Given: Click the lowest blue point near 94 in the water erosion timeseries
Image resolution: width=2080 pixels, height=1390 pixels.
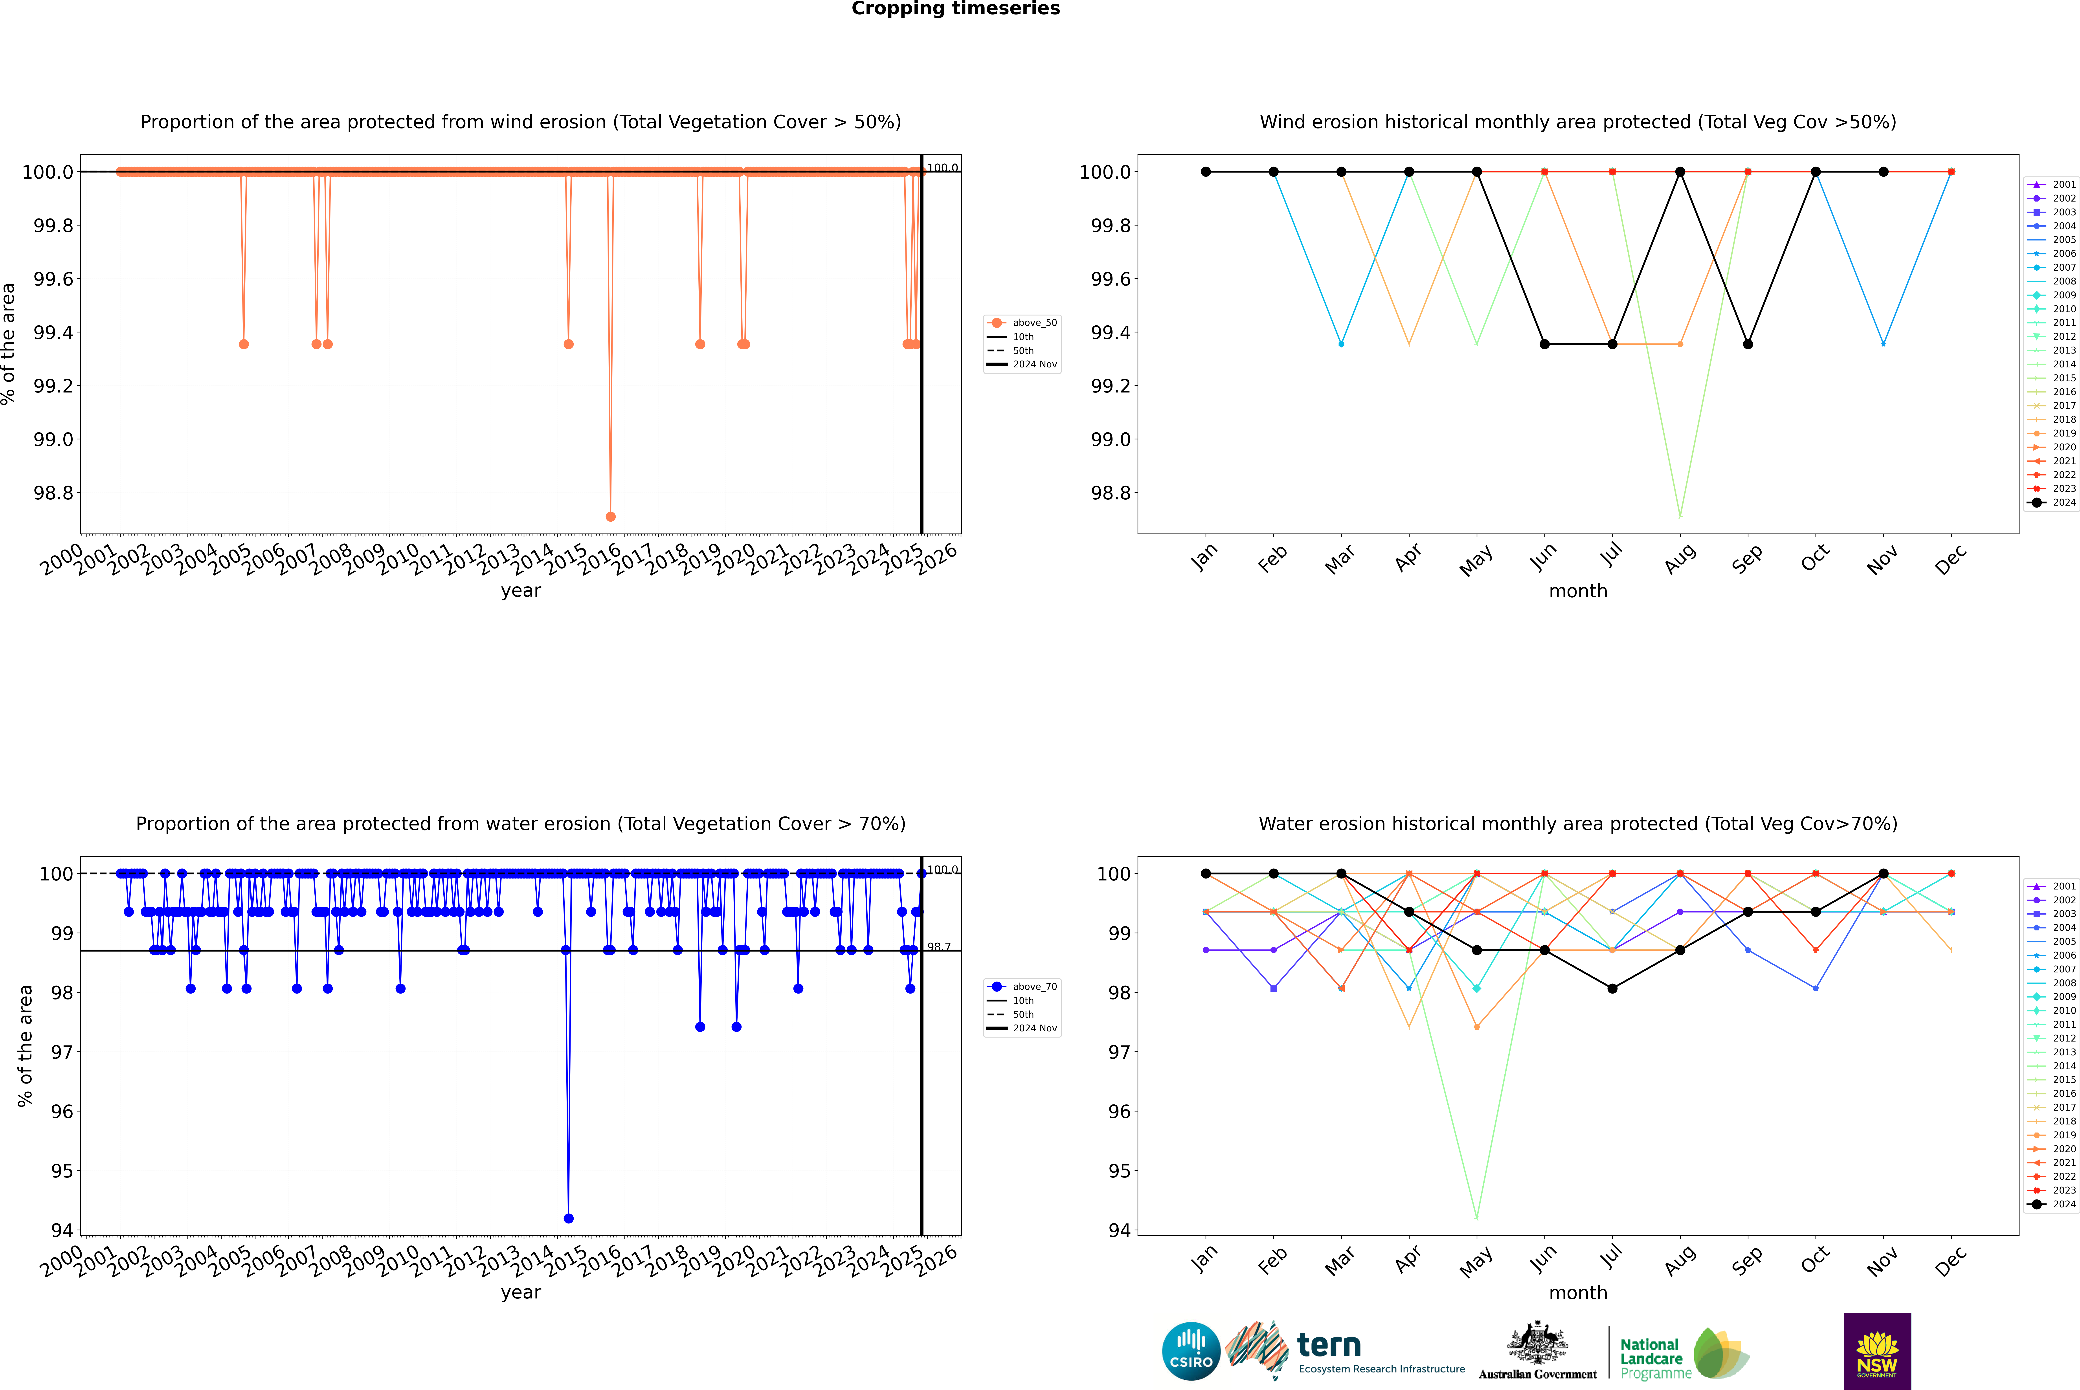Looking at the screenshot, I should [568, 1218].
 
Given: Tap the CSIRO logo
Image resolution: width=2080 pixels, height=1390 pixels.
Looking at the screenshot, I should [1191, 1351].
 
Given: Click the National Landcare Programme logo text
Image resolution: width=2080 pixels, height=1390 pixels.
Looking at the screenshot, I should [1651, 1358].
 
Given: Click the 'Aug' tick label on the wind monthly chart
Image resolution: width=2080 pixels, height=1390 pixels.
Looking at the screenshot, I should [1680, 558].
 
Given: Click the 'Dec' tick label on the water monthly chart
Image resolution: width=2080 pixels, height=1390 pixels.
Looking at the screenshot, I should [1951, 1261].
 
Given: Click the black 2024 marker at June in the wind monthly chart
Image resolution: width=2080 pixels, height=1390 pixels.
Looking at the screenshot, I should [1544, 344].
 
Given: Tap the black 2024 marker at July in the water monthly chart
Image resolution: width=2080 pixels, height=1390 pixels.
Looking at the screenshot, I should [1612, 988].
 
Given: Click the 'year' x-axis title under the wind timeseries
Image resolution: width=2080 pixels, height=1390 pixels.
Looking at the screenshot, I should [520, 590].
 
